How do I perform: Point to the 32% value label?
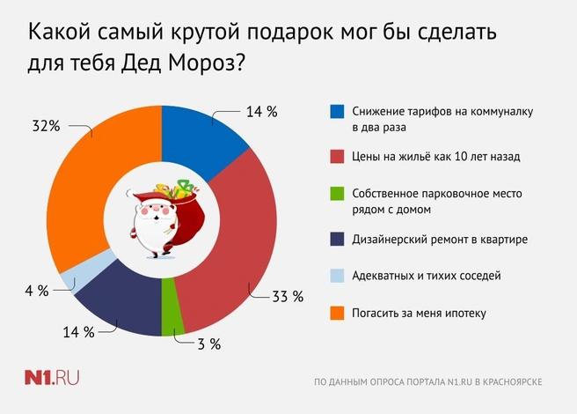tap(46, 126)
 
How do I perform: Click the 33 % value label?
tap(288, 296)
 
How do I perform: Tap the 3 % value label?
tap(209, 344)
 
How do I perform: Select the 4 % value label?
tap(37, 291)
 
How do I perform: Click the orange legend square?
tap(337, 313)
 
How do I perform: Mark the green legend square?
tap(337, 194)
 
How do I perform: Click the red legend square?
tap(337, 156)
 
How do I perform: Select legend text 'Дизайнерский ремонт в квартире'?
tap(440, 240)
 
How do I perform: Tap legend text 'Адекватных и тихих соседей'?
tap(426, 276)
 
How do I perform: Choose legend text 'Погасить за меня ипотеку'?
tap(419, 314)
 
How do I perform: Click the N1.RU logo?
tap(52, 378)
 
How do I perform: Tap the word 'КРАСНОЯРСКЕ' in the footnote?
tap(512, 382)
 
